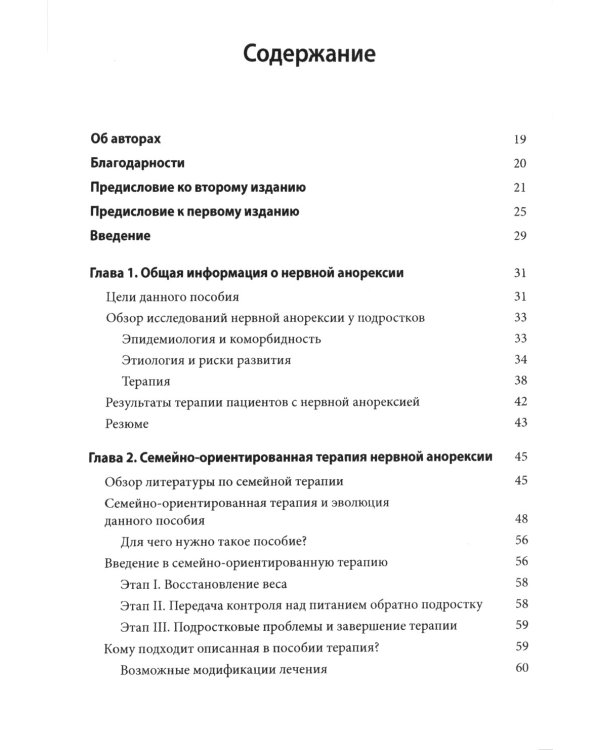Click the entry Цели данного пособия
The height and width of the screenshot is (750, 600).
(x=172, y=297)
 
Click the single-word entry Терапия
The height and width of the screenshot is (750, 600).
(x=146, y=381)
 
